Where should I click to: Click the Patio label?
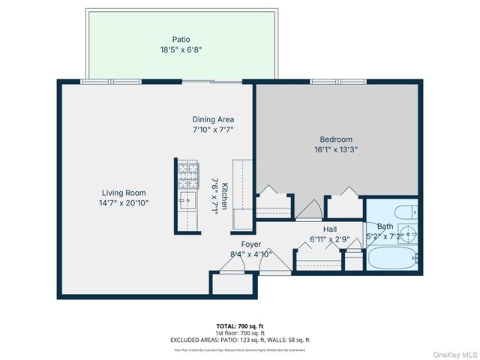(x=181, y=39)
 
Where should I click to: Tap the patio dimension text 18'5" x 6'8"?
(x=181, y=50)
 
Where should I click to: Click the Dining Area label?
(x=214, y=119)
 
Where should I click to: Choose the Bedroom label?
(x=336, y=139)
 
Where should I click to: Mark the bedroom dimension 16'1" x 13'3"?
(x=336, y=149)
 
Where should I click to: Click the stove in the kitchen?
(x=187, y=175)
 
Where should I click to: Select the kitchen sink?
(x=187, y=198)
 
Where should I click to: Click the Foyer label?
(x=250, y=244)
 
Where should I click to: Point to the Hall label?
(x=330, y=229)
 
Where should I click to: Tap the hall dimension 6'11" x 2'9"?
(x=330, y=240)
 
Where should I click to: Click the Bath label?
(x=385, y=226)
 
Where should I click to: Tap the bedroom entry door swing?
(x=309, y=209)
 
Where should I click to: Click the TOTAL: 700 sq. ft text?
(x=240, y=326)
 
